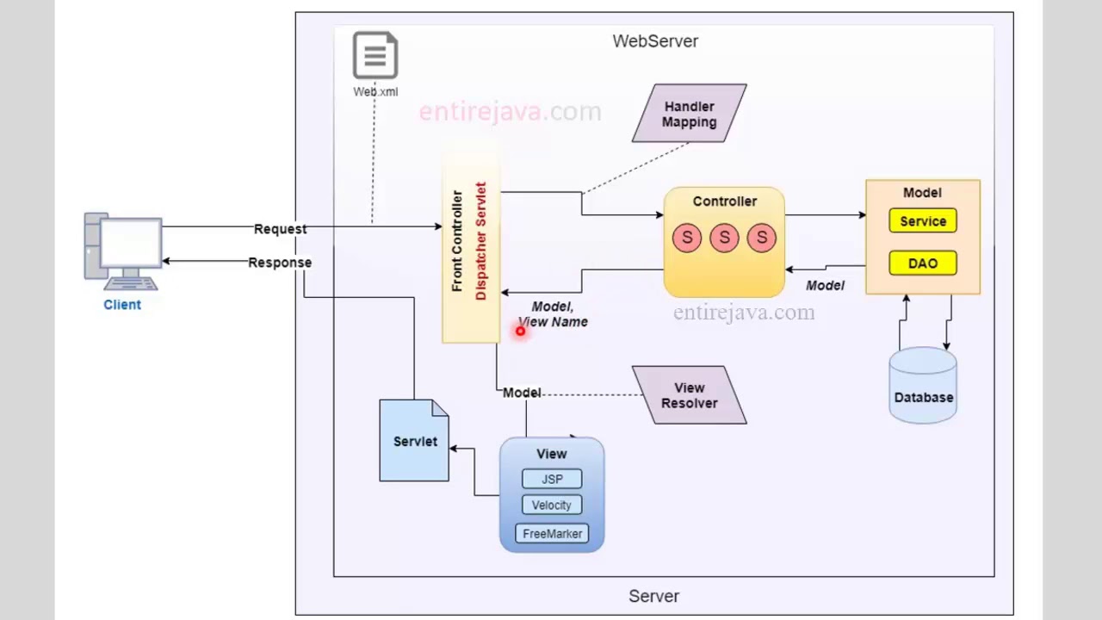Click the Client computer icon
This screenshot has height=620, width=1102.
coord(123,251)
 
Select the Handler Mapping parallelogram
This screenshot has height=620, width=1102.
coord(689,114)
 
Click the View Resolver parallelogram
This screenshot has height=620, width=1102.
coord(689,395)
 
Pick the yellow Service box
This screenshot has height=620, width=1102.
coord(922,221)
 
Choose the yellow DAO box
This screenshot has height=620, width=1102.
coord(922,263)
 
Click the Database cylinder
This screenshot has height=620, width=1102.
coord(923,387)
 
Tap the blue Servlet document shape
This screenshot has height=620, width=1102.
coord(414,441)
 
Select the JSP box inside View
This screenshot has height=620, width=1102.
coord(552,479)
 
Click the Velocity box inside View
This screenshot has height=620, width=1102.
coord(552,505)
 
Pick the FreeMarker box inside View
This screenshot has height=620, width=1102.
coord(552,534)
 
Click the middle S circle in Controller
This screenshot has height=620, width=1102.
coord(724,238)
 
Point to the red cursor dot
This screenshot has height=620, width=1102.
coord(520,331)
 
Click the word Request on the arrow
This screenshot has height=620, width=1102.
coord(280,229)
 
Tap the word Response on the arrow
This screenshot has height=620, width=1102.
coord(280,263)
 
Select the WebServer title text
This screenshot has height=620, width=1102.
coord(655,40)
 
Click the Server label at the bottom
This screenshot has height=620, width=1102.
coord(653,596)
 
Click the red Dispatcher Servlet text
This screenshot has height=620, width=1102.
coord(480,241)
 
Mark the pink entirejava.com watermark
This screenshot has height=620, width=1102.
coord(510,112)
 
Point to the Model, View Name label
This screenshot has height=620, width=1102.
coord(553,314)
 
